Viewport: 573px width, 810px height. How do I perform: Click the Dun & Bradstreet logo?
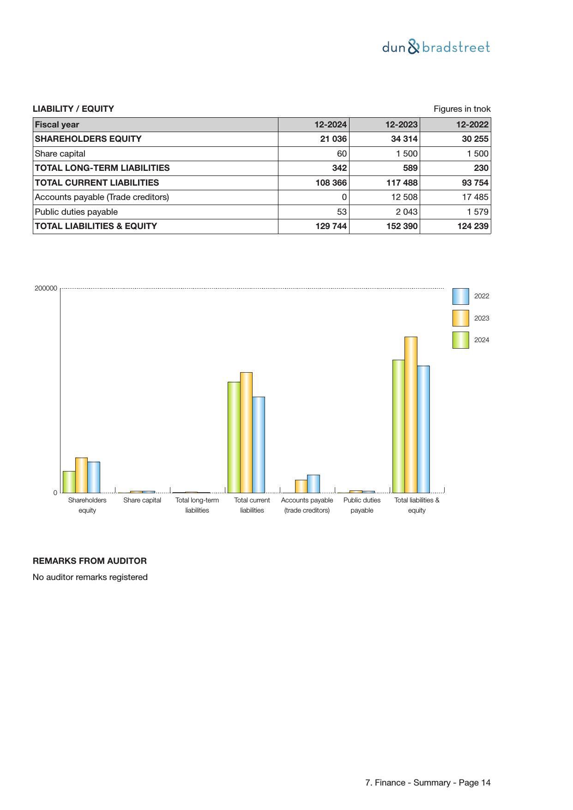436,47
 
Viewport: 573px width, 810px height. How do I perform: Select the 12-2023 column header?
401,125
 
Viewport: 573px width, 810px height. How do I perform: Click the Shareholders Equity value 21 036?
333,139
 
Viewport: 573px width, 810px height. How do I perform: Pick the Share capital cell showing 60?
342,154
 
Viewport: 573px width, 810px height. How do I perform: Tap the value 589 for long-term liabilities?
410,168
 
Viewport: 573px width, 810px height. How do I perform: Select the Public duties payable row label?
76,212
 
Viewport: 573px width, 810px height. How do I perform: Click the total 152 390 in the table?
402,226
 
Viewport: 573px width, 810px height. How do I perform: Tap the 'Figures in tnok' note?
462,109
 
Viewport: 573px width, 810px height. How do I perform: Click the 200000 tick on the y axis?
46,288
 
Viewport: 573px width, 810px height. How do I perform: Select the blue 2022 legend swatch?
460,296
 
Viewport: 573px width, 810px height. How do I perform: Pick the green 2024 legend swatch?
460,340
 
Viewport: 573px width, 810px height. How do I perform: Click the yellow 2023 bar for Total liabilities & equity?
410,415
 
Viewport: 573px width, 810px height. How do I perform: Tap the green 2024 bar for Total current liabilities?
234,437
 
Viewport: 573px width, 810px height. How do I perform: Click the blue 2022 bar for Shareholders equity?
94,477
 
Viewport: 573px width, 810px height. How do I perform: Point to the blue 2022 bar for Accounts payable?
314,484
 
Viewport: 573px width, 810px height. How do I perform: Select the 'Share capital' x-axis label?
142,500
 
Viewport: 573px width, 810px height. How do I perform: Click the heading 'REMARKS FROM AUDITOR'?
90,561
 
